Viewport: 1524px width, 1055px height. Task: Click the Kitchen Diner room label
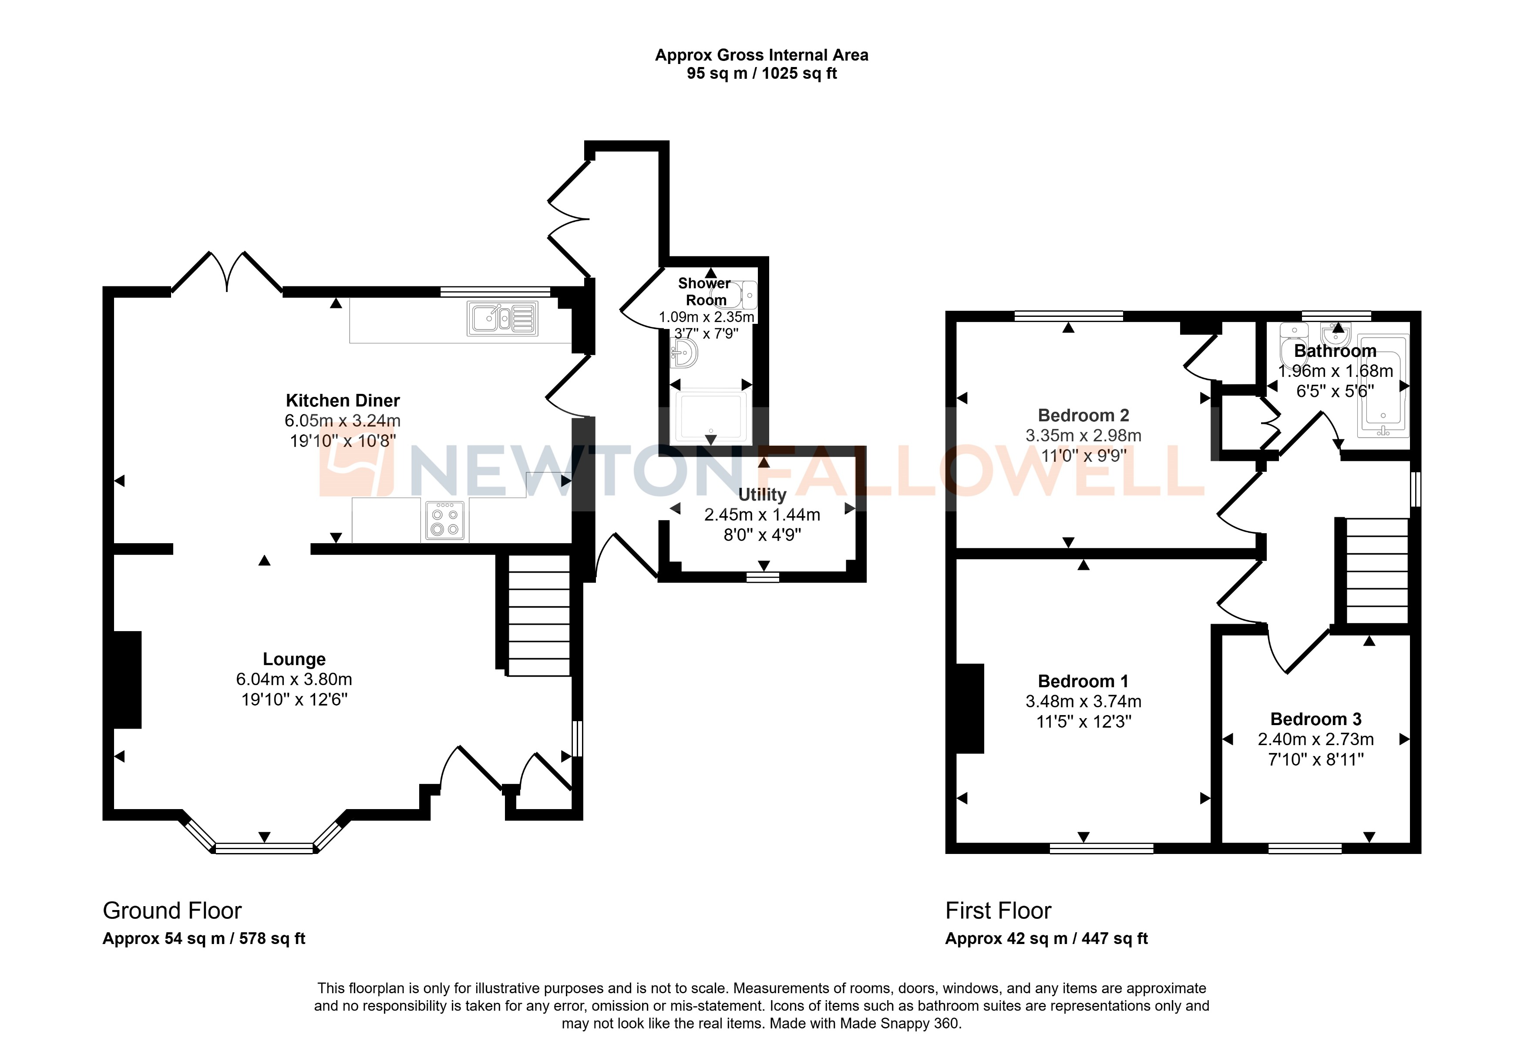pyautogui.click(x=343, y=400)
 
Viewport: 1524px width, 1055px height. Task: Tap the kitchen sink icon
pyautogui.click(x=502, y=319)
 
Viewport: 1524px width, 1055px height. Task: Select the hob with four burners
pyautogui.click(x=445, y=520)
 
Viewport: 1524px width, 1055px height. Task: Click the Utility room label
pyautogui.click(x=762, y=494)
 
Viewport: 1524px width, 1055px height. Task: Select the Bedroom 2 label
pyautogui.click(x=1083, y=415)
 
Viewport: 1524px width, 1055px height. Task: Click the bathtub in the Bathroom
pyautogui.click(x=1383, y=386)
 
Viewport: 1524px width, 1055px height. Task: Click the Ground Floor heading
pyautogui.click(x=172, y=910)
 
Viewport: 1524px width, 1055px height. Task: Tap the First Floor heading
pyautogui.click(x=998, y=910)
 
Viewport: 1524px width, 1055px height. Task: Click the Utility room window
pyautogui.click(x=763, y=577)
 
